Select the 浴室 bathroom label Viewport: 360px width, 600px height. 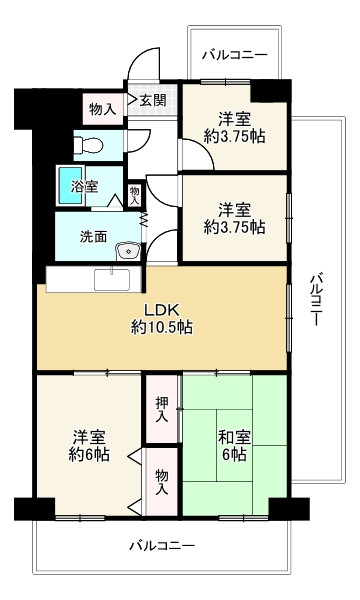(x=84, y=186)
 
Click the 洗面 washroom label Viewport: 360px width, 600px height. (x=96, y=238)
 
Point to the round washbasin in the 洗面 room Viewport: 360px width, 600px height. (x=125, y=251)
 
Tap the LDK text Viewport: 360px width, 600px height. (x=160, y=308)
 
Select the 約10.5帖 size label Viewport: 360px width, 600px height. (x=160, y=326)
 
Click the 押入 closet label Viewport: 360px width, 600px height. (x=161, y=409)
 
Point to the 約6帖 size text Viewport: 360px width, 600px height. (x=89, y=456)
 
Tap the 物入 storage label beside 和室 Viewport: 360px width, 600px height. (x=161, y=482)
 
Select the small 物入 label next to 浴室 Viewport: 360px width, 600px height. (x=135, y=192)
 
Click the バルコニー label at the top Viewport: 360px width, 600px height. (x=234, y=54)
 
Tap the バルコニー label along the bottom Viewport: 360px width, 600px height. (x=161, y=546)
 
